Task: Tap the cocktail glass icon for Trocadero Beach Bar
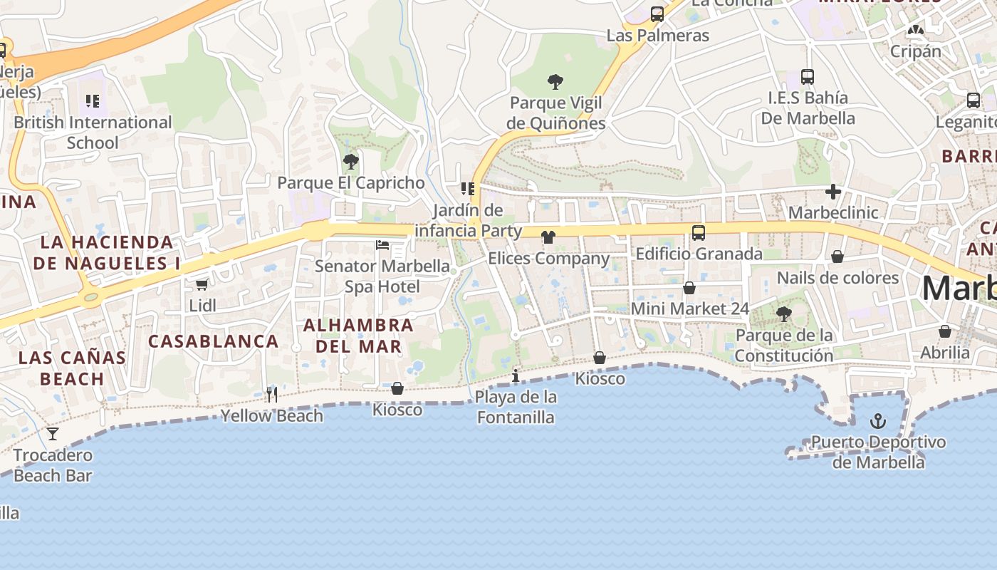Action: point(53,434)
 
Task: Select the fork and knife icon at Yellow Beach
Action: point(272,395)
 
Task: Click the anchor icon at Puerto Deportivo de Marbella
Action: point(878,421)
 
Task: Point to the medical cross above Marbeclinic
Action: point(833,192)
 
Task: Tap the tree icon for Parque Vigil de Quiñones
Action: point(555,82)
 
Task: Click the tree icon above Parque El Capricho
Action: point(350,162)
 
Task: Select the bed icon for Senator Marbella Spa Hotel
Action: point(382,246)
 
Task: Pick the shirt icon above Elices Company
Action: point(548,237)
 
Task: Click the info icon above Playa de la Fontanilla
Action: point(516,375)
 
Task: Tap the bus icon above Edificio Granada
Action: point(699,232)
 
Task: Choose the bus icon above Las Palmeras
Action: point(657,14)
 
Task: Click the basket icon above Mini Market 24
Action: point(689,288)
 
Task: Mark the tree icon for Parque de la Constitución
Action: point(783,313)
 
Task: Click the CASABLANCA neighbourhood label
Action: point(214,341)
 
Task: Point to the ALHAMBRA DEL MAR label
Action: point(358,336)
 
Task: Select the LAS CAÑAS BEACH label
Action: point(72,368)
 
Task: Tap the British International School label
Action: point(93,133)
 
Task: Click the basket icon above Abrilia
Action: point(945,331)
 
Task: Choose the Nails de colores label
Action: point(837,278)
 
